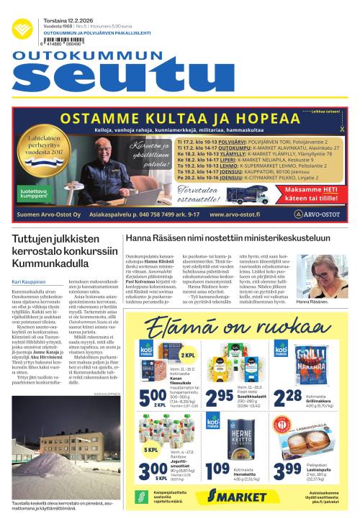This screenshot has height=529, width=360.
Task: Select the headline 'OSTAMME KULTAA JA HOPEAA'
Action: point(180,119)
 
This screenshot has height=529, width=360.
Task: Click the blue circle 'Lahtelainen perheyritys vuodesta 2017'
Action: point(47,145)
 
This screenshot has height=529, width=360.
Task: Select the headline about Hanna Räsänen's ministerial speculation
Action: point(228,238)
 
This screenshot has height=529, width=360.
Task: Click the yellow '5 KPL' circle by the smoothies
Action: point(153,451)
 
